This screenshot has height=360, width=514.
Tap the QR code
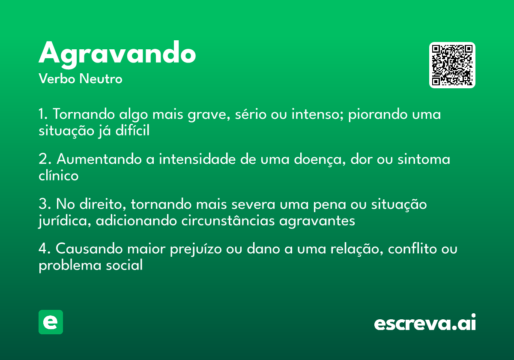tap(452, 65)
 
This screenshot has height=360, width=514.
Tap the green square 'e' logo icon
tap(51, 322)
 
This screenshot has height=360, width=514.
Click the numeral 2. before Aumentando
tap(45, 159)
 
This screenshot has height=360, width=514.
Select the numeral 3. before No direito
tap(45, 204)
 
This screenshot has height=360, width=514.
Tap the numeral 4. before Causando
tap(45, 249)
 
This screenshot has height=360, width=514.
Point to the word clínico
tap(59, 175)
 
